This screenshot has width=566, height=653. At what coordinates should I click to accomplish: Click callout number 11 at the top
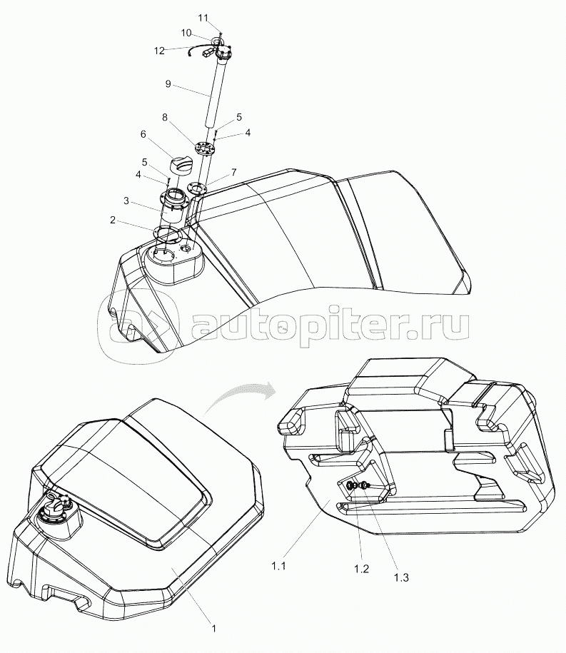203,18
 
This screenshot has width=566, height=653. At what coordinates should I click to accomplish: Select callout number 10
186,33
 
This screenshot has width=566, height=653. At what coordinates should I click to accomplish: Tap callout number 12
159,51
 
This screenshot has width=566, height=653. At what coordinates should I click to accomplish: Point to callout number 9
168,84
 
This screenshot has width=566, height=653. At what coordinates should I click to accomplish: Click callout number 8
165,118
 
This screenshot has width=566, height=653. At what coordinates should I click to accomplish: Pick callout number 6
143,134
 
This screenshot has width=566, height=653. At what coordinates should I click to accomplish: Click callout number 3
126,201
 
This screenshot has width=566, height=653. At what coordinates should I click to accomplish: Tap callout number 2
113,220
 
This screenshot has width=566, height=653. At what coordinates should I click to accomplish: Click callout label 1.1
278,566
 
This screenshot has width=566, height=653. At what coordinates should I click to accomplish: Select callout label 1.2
361,569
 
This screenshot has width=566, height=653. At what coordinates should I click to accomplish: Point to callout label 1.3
401,577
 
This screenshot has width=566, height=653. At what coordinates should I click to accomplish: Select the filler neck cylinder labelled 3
173,206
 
